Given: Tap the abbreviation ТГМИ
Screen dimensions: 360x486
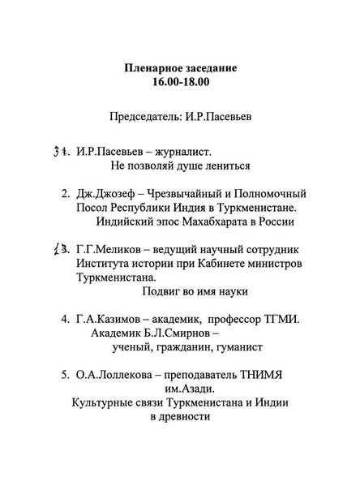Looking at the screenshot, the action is [x=283, y=320].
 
